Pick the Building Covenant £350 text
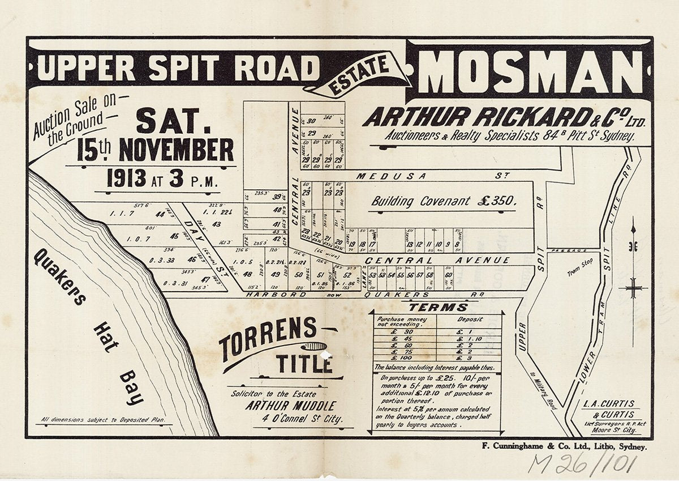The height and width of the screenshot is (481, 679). (x=444, y=201)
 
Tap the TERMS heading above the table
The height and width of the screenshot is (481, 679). (x=439, y=307)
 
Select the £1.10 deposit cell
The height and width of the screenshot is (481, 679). (x=470, y=338)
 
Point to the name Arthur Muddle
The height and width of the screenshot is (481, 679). (x=290, y=406)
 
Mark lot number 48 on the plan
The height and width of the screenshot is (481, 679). (x=247, y=274)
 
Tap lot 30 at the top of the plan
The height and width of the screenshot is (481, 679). (x=311, y=120)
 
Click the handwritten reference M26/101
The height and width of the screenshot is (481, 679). (x=583, y=463)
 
